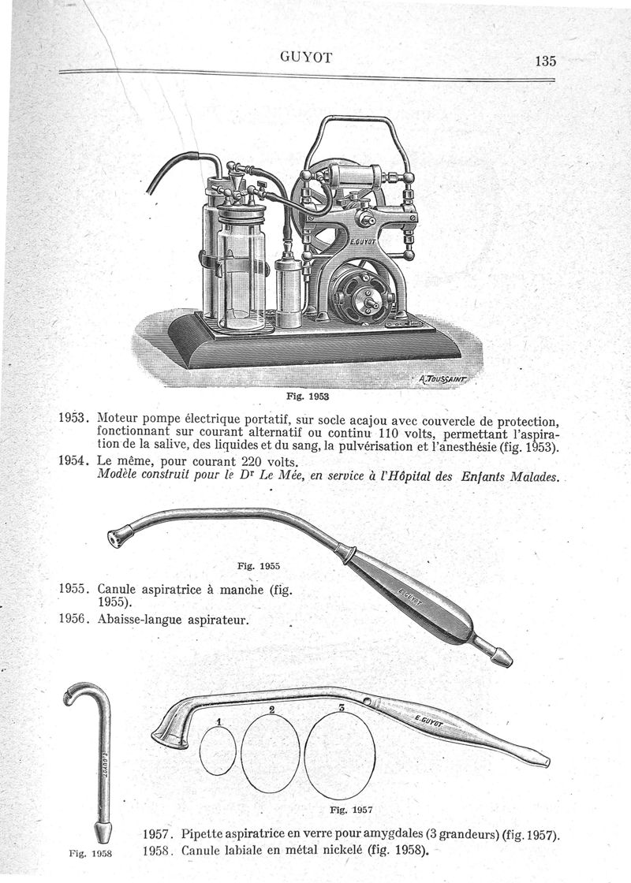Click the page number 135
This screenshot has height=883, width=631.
(x=545, y=61)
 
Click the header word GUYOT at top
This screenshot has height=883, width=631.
(x=306, y=56)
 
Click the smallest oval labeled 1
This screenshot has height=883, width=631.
(x=218, y=750)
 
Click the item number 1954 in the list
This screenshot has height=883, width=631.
(x=75, y=461)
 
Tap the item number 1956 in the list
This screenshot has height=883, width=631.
(x=75, y=619)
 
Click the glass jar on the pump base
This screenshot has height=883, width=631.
(x=241, y=268)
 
